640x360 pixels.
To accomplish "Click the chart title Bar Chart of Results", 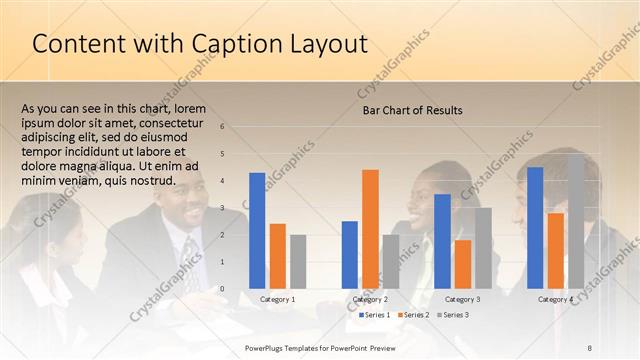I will tap(412, 110).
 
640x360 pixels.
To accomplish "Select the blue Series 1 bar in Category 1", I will tap(257, 231).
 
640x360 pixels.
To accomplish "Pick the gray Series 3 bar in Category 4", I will tap(576, 221).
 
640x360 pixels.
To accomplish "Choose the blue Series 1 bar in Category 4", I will tap(535, 227).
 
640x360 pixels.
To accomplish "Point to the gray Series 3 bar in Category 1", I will tap(298, 261).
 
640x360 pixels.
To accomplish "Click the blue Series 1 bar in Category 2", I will tap(349, 254).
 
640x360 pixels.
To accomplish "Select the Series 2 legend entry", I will tap(413, 315).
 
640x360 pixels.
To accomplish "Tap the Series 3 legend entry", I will tap(453, 315).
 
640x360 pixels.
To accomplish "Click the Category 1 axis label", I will tap(277, 299).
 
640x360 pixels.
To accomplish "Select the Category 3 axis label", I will tap(462, 299).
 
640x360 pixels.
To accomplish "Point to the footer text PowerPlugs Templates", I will tap(285, 346).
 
